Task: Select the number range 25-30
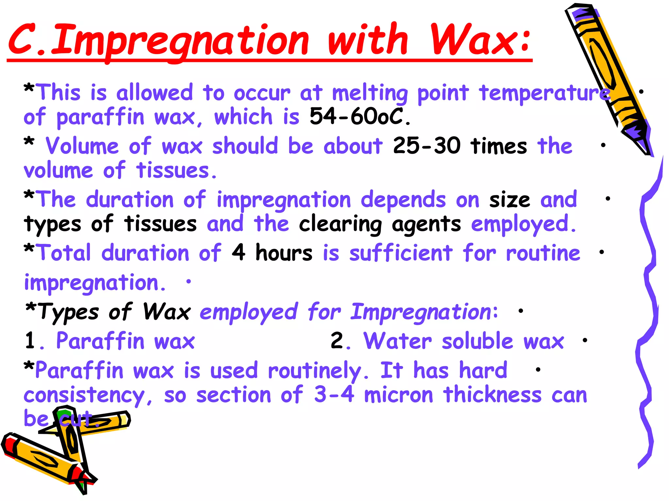tap(427, 145)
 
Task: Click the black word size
tap(509, 200)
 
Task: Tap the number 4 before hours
tap(238, 252)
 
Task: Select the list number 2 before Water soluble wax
tap(337, 341)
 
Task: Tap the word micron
tap(399, 395)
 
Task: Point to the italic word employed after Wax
tap(249, 312)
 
